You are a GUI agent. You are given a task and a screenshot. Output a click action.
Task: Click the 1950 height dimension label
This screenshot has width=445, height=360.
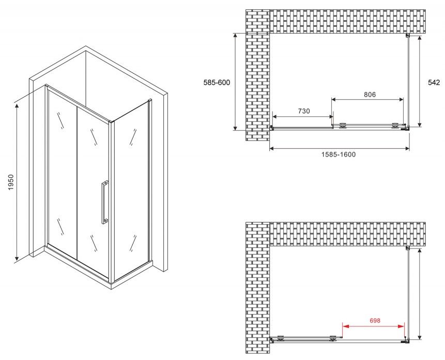pos(10,182)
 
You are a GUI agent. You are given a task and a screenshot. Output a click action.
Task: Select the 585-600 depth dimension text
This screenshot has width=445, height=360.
pos(217,83)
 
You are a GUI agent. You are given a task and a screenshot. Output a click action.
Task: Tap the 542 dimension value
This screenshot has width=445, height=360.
pos(434,82)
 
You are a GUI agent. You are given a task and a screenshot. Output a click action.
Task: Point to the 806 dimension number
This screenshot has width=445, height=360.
pos(370,95)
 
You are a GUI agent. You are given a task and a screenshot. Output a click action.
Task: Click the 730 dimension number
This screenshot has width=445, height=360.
pos(304,111)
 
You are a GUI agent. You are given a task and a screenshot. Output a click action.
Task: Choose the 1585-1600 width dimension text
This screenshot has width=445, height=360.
pos(339,154)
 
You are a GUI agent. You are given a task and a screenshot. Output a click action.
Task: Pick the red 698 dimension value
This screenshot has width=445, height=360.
pos(375,321)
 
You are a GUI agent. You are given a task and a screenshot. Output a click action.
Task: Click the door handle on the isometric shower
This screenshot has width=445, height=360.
pos(104,202)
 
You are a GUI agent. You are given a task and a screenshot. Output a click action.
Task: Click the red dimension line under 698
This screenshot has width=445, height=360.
pos(374,326)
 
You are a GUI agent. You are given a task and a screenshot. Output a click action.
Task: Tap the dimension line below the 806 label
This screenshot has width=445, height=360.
pos(367,99)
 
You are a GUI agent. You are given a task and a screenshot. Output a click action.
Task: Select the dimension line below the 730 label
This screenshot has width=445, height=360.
pos(302,116)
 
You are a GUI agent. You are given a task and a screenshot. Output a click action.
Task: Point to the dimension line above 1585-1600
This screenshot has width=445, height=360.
pos(339,148)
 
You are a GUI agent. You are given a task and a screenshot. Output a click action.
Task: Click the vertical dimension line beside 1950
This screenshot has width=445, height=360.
pos(17,182)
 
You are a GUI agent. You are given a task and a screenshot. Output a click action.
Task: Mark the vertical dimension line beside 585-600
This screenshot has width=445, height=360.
pos(235,82)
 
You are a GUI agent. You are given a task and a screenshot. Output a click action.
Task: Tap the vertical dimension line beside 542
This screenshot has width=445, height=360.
pos(420,81)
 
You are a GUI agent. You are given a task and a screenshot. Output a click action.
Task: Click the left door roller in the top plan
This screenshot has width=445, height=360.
pos(343,126)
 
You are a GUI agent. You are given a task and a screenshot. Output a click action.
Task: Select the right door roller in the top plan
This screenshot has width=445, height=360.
pos(395,126)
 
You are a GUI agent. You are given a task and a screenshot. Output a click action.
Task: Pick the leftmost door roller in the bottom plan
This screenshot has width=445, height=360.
pos(281,338)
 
